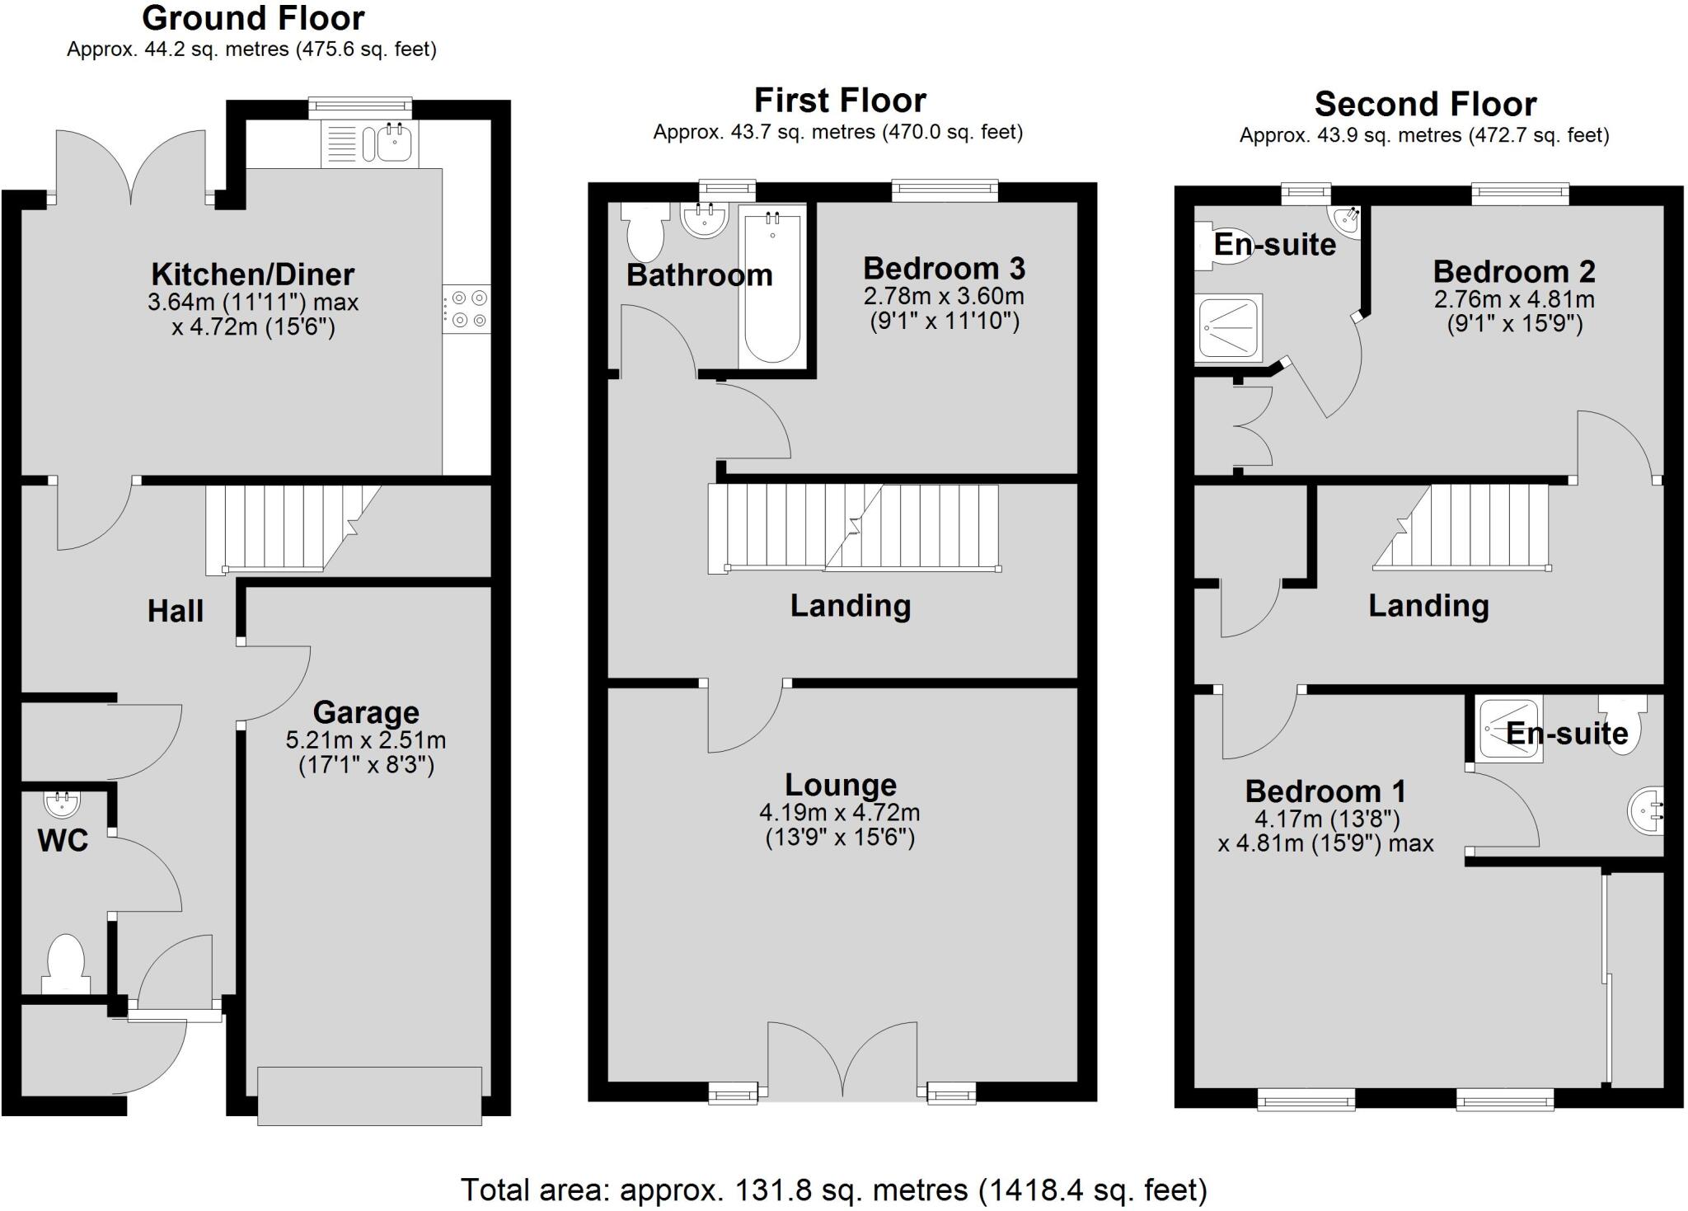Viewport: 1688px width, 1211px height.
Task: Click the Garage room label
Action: pyautogui.click(x=366, y=712)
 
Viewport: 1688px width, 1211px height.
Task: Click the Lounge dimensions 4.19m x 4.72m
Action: pyautogui.click(x=839, y=813)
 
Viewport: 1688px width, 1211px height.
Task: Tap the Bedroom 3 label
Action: pyautogui.click(x=944, y=269)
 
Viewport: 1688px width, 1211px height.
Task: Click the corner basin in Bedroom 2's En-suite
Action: pyautogui.click(x=1346, y=220)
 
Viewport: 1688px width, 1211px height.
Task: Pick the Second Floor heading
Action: pyautogui.click(x=1424, y=105)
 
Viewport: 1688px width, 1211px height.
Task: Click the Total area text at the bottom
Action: pyautogui.click(x=833, y=1190)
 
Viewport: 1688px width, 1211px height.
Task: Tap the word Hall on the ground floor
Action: pyautogui.click(x=175, y=611)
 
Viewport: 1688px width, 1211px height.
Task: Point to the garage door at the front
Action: pyautogui.click(x=369, y=1096)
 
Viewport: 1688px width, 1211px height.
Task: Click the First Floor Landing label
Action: pyautogui.click(x=850, y=606)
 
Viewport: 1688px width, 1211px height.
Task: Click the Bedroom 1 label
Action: pyautogui.click(x=1325, y=791)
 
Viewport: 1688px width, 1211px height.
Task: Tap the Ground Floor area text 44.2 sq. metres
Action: pyautogui.click(x=251, y=49)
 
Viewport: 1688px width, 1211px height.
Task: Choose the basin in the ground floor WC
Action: pyautogui.click(x=61, y=802)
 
